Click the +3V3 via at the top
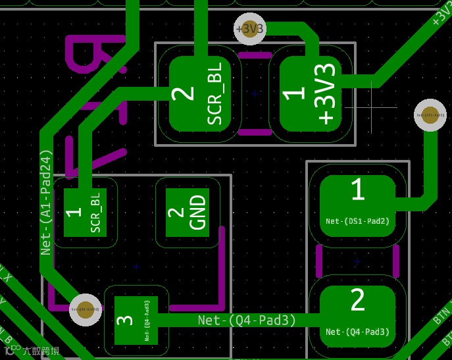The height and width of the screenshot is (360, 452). pyautogui.click(x=251, y=29)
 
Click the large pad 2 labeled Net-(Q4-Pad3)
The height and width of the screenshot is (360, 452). pyautogui.click(x=357, y=313)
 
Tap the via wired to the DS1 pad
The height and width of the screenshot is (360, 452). pyautogui.click(x=430, y=115)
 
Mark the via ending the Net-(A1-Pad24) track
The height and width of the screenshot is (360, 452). pyautogui.click(x=86, y=309)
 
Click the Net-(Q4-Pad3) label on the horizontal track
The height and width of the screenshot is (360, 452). pyautogui.click(x=247, y=321)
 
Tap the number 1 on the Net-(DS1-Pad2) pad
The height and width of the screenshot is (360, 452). pyautogui.click(x=357, y=190)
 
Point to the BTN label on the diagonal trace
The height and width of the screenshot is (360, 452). pyautogui.click(x=441, y=315)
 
